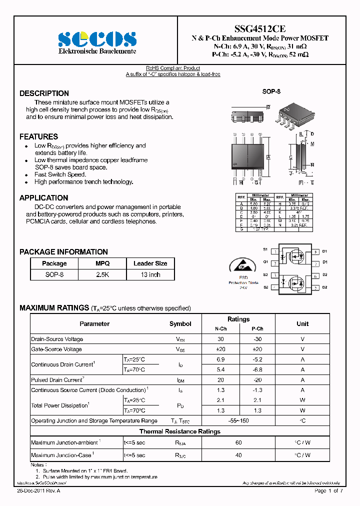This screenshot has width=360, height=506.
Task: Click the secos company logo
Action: pos(97,38)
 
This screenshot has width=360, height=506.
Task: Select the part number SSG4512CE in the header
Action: pos(260,29)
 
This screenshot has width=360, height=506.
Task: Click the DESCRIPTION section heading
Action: pos(44,93)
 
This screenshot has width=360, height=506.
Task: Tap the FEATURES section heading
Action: pos(38,136)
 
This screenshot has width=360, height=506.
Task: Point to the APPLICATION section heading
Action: pos(43,198)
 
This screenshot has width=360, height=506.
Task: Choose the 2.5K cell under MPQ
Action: pos(102,274)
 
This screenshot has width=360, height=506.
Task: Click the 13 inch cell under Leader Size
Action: pos(150,274)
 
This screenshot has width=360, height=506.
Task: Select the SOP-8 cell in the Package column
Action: pos(54,274)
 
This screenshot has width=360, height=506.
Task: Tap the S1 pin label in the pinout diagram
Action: pos(265,249)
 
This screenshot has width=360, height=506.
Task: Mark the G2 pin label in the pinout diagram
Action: pos(265,287)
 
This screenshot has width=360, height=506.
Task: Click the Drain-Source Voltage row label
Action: pos(57,339)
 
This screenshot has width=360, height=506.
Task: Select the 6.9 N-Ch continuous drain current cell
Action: pos(220,359)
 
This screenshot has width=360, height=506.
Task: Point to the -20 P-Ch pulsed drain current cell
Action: pos(257,380)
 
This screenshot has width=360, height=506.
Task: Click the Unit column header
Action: pos(302,323)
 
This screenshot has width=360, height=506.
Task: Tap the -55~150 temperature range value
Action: pos(238,421)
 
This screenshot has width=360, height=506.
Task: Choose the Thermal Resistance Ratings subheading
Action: pos(179,431)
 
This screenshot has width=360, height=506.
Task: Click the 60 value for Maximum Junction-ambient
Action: pos(238,442)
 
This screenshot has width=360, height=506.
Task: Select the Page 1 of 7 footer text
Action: pos(328,491)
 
